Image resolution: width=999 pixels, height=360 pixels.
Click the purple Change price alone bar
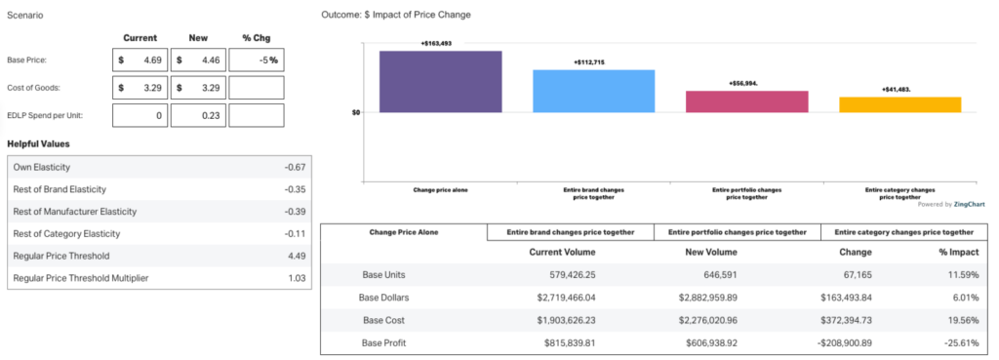point(440,81)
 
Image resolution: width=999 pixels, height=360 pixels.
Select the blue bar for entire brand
point(593,91)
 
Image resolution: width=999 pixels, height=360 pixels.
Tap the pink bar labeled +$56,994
point(747,101)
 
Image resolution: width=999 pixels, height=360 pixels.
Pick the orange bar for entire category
point(900,104)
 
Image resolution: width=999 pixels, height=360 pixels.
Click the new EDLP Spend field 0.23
point(199,115)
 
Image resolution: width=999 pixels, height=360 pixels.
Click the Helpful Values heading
point(38,144)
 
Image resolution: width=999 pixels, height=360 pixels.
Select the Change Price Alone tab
point(403,232)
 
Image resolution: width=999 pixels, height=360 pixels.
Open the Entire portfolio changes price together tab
point(738,232)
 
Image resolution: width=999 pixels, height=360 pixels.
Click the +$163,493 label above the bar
point(436,43)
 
